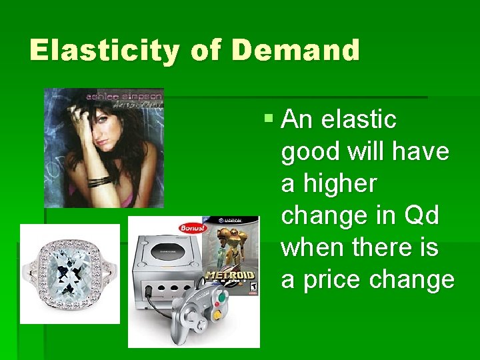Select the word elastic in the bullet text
pyautogui.click(x=359, y=120)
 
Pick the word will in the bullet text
pyautogui.click(x=364, y=152)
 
